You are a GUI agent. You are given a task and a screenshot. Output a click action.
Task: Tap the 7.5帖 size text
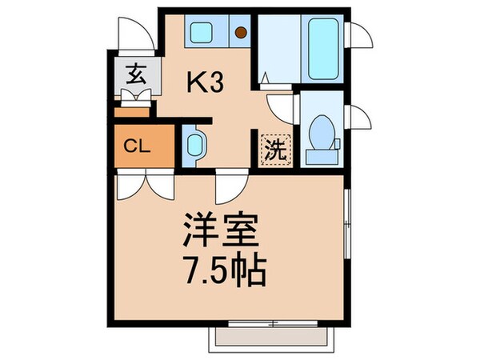tap(223, 275)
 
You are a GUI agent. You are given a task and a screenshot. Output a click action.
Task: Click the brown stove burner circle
tap(241, 33)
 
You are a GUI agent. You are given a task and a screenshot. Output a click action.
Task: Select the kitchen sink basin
tap(200, 33)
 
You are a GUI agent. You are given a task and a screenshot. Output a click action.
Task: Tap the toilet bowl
tap(322, 130)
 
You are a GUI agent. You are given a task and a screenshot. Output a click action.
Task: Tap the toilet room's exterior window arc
tap(361, 120)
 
